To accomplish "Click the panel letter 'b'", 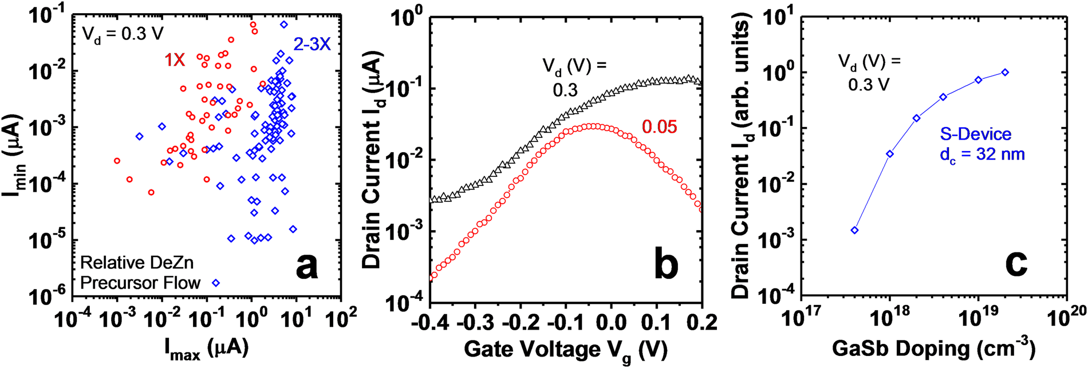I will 666,265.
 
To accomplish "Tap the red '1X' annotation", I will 175,60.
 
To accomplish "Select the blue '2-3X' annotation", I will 312,44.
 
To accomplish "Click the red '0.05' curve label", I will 659,127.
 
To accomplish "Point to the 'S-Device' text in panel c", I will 976,134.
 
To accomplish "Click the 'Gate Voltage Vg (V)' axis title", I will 565,349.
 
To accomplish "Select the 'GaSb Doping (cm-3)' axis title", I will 934,349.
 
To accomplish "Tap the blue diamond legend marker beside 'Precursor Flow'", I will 216,283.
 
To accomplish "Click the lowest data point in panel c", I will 855,230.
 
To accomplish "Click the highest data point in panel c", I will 1005,72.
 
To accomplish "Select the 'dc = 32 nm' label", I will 982,155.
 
